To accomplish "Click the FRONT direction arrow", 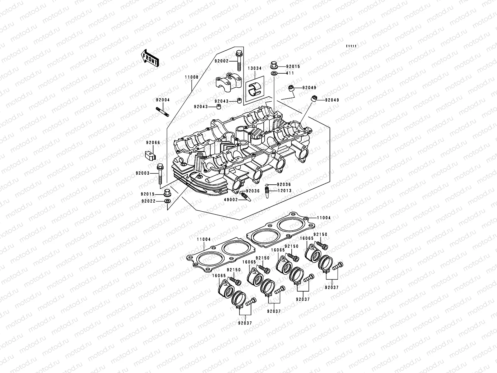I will click(154, 58).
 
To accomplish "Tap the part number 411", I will click(290, 73).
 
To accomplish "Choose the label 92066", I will click(153, 143).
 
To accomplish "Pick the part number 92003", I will click(142, 173).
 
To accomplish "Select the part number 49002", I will click(231, 200).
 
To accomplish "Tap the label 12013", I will click(284, 191).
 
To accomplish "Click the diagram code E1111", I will click(351, 46).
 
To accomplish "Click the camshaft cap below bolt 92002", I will click(229, 82).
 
